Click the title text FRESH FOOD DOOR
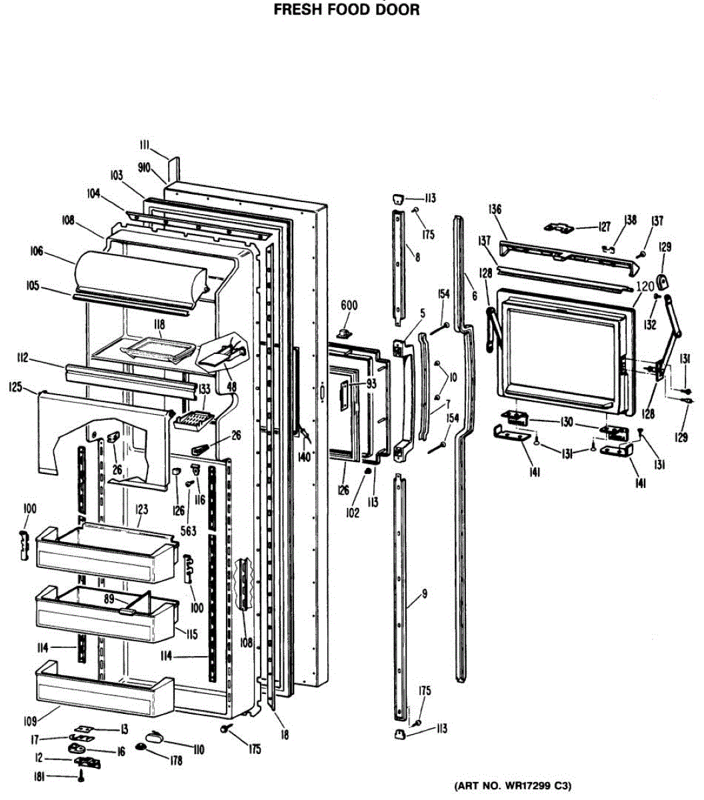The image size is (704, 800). [347, 10]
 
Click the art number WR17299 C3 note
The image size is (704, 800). [513, 786]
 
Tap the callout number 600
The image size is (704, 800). [349, 305]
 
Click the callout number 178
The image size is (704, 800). [175, 761]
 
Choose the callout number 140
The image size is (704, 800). [304, 457]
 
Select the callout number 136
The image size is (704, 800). [494, 209]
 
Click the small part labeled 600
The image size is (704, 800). [345, 331]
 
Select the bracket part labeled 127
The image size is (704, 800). [558, 228]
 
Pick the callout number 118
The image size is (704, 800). [159, 325]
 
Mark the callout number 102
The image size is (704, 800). [353, 513]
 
